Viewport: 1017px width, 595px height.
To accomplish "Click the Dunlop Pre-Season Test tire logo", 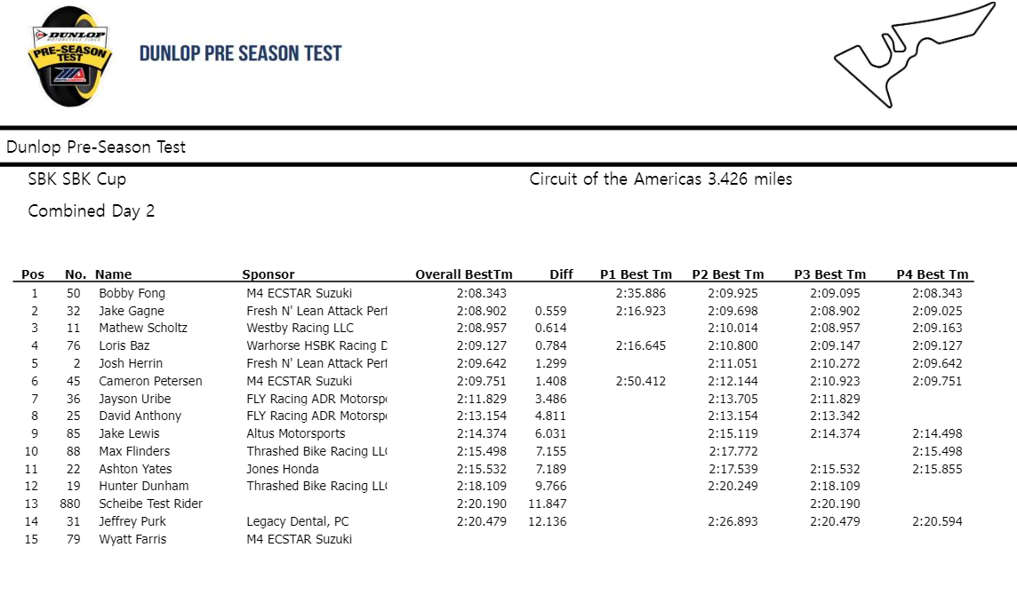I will [70, 57].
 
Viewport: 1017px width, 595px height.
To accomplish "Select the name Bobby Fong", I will [132, 293].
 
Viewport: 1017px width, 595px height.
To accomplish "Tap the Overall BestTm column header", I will [463, 274].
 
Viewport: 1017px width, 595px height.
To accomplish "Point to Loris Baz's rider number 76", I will [73, 345].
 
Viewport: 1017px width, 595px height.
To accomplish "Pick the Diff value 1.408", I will [550, 381].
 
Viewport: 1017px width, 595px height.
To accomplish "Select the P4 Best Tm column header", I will [932, 274].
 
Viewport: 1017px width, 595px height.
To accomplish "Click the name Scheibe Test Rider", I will [150, 504].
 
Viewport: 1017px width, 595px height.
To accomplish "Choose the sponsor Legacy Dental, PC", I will [298, 521].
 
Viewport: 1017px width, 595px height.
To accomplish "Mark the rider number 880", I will [70, 504].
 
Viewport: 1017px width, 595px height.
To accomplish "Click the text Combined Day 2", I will [91, 211].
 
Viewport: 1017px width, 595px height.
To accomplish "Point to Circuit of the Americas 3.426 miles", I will [661, 179].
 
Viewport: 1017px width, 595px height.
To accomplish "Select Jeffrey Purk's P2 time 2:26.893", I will [733, 521].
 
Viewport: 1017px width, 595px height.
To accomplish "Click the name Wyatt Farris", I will [132, 539].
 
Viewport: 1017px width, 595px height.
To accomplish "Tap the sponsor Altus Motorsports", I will [295, 433].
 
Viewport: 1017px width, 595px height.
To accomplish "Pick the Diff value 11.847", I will [548, 504].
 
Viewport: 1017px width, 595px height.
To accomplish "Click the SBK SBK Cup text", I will [76, 179].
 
